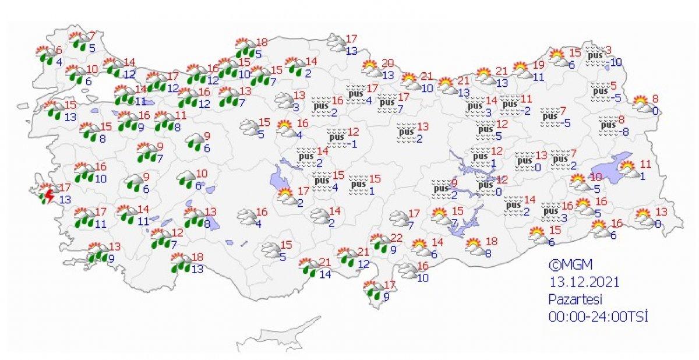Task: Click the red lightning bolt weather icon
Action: [50, 195]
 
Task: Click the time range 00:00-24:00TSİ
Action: [598, 317]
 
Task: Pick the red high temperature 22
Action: [397, 238]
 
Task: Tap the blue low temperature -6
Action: [613, 235]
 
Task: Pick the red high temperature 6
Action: [58, 50]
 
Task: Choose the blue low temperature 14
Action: [325, 274]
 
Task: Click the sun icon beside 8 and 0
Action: [641, 104]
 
